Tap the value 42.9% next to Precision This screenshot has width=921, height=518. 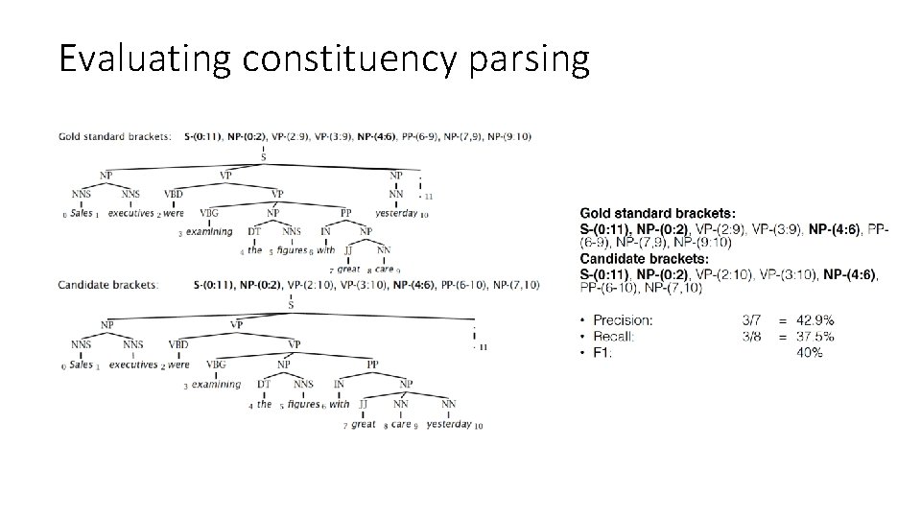tap(815, 320)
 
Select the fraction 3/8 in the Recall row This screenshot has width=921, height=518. tap(754, 337)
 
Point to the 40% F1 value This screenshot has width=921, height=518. tap(809, 353)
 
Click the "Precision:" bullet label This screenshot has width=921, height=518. tap(623, 320)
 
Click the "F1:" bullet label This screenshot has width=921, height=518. tap(603, 353)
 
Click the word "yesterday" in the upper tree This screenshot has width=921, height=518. tap(396, 214)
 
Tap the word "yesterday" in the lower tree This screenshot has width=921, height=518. tap(449, 424)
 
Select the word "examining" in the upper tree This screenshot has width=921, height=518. tap(209, 231)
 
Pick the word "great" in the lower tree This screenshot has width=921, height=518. tap(364, 424)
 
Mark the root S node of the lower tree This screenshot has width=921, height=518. tap(290, 305)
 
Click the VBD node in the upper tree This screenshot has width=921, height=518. tap(174, 194)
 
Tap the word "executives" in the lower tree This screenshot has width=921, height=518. tap(132, 365)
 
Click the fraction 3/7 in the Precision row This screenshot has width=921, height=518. tap(754, 320)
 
